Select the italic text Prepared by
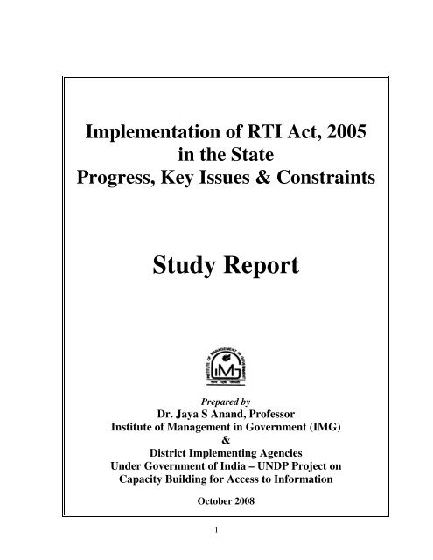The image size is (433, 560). (x=215, y=405)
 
